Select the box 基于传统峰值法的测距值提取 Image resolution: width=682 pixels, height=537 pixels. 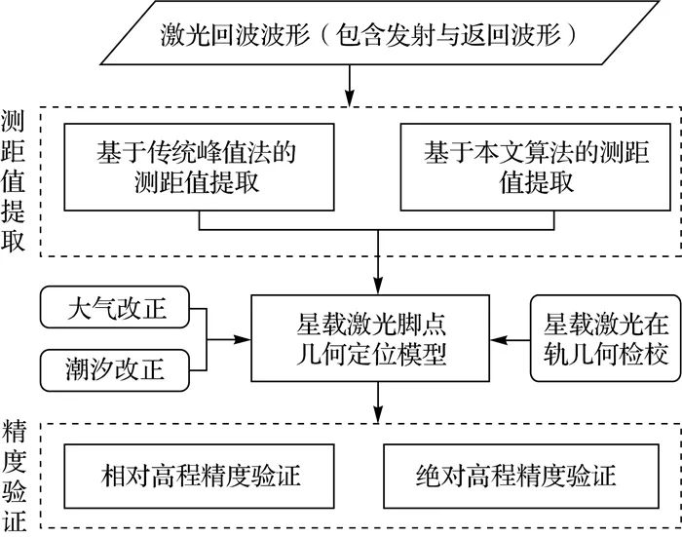[x=199, y=168]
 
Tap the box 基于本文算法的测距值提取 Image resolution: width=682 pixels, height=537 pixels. [x=535, y=168]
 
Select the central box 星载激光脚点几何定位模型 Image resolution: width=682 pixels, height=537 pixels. [x=376, y=339]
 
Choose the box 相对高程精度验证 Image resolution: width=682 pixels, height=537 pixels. [x=201, y=476]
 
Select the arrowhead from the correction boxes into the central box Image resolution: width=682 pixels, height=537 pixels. [x=245, y=340]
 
